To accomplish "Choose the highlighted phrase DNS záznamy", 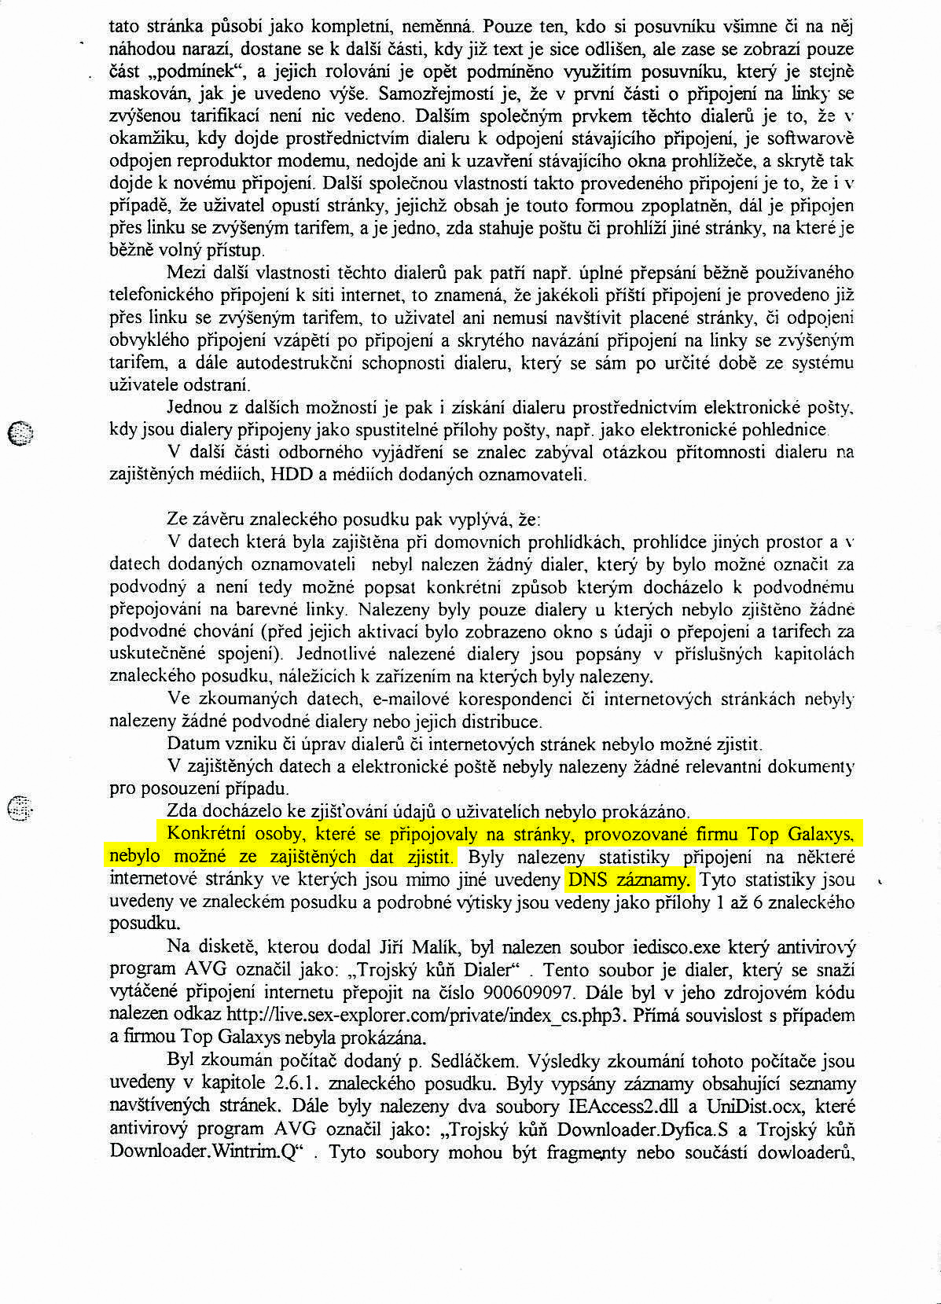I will [629, 880].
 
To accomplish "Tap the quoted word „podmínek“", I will [190, 72].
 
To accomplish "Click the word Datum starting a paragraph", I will [190, 744].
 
